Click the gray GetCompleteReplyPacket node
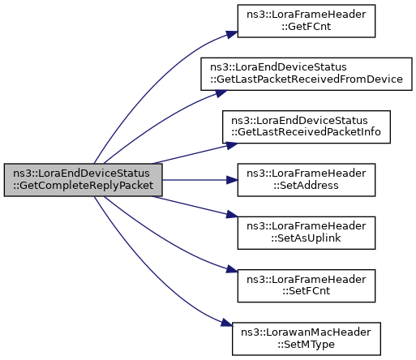click(83, 180)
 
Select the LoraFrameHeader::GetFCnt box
click(307, 21)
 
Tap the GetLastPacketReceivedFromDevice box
click(307, 74)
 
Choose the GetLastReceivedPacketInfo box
click(307, 126)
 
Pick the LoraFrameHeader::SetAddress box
click(307, 180)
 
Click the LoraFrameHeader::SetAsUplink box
click(307, 233)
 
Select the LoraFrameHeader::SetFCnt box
click(307, 286)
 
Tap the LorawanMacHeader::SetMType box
click(307, 339)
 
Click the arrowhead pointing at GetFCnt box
click(232, 34)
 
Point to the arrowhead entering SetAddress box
click(232, 180)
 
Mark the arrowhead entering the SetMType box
click(226, 323)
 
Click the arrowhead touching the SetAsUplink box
click(232, 215)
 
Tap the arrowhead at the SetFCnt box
click(232, 269)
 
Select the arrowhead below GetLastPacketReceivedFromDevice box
click(221, 93)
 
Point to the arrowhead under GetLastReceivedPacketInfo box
click(232, 145)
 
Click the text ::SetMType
click(306, 345)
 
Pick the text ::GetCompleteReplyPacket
click(84, 186)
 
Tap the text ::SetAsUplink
click(306, 238)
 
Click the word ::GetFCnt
click(306, 26)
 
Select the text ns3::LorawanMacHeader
click(306, 332)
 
